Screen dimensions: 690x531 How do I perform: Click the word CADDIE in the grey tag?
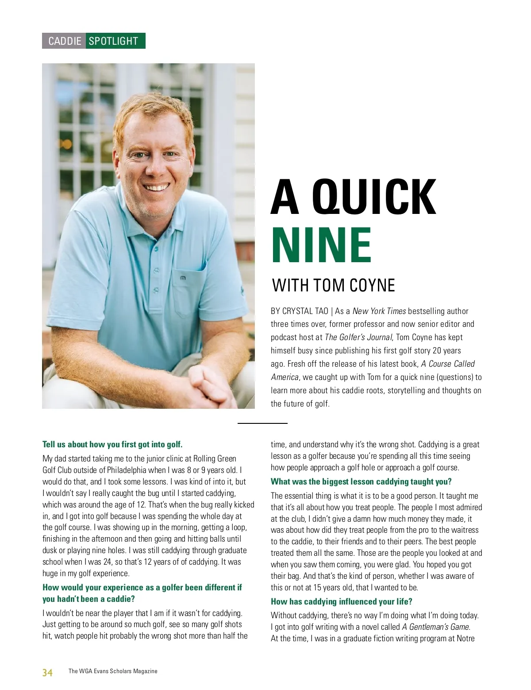tap(65, 41)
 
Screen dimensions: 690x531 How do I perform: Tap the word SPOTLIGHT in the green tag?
tap(113, 41)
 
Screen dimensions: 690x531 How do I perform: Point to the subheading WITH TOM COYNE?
tap(333, 286)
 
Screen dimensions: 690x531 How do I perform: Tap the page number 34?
tap(47, 673)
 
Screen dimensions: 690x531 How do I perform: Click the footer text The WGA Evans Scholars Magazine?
tap(113, 671)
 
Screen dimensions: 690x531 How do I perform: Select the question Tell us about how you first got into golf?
tap(112, 445)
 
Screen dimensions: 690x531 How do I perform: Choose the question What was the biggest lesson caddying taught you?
tap(361, 482)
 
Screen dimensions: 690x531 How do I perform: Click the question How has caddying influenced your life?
tap(342, 602)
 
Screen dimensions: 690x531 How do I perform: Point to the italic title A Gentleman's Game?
tap(436, 627)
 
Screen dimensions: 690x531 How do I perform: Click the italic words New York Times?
tap(379, 311)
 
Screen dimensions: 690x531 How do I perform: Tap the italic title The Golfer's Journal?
tap(358, 337)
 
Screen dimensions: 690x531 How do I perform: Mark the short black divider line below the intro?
tap(262, 423)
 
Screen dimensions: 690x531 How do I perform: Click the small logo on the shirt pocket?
tap(183, 278)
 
